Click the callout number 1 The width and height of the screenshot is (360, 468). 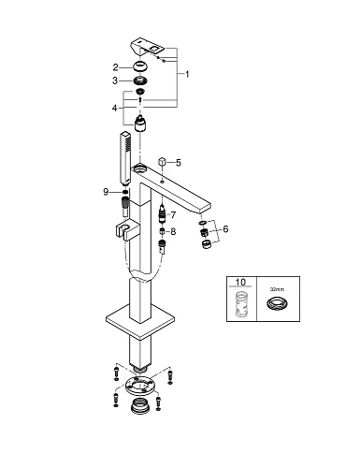click(187, 74)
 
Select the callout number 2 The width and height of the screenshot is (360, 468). click(116, 67)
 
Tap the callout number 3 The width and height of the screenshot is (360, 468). click(115, 80)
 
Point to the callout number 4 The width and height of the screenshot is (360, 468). click(115, 108)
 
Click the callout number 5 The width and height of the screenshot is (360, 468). click(179, 163)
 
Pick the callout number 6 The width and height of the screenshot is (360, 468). click(225, 229)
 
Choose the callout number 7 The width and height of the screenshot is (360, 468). click(173, 215)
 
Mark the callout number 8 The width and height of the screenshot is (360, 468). click(173, 231)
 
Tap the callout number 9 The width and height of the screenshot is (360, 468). click(106, 192)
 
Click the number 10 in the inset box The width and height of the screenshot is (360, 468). click(240, 282)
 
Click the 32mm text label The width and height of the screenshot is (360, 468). click(277, 289)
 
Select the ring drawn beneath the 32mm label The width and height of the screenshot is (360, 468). click(277, 303)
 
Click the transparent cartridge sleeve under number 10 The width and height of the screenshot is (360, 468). click(240, 304)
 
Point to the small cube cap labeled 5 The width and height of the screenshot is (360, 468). click(162, 163)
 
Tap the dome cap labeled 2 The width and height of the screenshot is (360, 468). click(140, 67)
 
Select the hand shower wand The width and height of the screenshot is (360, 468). click(124, 159)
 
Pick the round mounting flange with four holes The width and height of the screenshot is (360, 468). click(139, 387)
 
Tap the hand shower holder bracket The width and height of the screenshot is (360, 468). click(127, 231)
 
